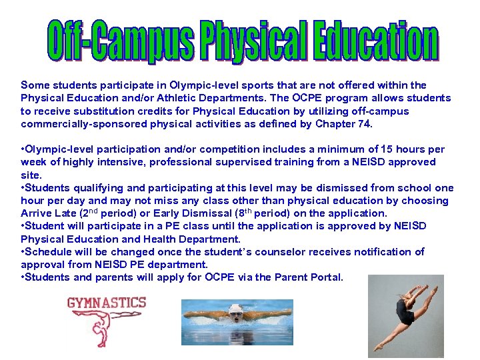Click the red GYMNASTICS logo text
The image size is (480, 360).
click(x=107, y=303)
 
